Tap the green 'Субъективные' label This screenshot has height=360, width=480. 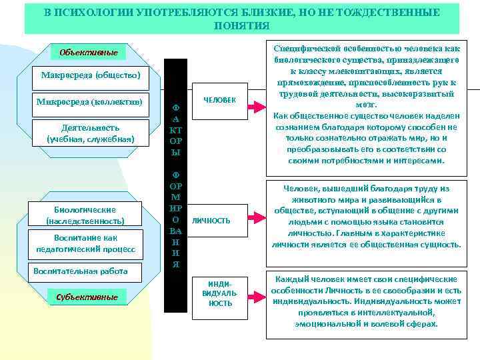click(x=87, y=297)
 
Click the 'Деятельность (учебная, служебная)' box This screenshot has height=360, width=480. click(x=90, y=133)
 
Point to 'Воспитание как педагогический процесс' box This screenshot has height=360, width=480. click(x=85, y=244)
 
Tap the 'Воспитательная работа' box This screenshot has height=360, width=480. click(x=80, y=271)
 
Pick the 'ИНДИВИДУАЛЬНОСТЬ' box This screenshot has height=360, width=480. click(x=221, y=294)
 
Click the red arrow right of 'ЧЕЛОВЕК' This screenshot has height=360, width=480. click(x=258, y=101)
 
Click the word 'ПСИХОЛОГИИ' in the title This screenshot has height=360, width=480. click(x=105, y=13)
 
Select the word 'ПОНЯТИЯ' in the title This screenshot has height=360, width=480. click(x=242, y=25)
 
